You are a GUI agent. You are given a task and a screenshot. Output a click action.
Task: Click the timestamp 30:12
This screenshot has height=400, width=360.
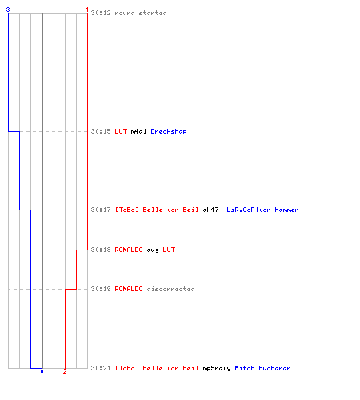click(x=101, y=13)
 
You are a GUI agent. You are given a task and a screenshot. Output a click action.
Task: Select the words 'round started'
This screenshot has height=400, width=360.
click(x=141, y=13)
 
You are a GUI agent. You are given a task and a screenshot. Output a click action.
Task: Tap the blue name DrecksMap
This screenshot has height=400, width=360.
click(x=169, y=131)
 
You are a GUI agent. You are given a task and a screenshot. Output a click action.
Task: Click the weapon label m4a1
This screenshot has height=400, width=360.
click(x=138, y=131)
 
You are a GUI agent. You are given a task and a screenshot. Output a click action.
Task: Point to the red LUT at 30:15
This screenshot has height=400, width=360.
click(x=121, y=131)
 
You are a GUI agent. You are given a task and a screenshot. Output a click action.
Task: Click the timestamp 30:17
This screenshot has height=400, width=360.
click(x=101, y=210)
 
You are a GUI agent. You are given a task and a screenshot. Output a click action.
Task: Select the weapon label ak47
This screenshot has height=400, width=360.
click(x=210, y=210)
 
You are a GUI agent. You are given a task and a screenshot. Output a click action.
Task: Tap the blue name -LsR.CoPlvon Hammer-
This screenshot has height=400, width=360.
click(x=262, y=210)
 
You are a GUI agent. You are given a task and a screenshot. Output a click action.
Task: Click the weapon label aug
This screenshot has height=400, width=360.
click(x=153, y=250)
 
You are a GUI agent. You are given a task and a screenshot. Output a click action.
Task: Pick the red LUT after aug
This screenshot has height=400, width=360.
click(x=169, y=250)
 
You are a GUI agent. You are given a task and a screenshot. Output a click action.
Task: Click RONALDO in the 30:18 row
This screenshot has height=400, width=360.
click(x=129, y=250)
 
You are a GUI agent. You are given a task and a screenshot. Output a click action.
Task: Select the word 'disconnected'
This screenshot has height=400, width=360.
click(x=171, y=289)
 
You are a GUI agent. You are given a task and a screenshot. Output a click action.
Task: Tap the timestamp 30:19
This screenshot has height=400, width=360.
click(x=101, y=289)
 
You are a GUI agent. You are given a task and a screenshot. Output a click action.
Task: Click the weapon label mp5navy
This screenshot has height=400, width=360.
click(x=217, y=369)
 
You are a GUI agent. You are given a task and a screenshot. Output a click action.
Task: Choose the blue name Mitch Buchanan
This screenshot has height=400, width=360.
click(x=262, y=368)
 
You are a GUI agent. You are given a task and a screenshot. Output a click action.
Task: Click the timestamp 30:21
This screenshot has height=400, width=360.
click(x=101, y=368)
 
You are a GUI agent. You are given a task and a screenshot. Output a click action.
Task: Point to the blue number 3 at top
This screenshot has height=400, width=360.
click(x=8, y=10)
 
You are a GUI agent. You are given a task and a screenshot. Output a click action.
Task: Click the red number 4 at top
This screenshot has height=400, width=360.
click(x=86, y=10)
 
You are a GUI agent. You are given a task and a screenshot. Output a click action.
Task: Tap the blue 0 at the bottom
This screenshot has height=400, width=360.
click(x=42, y=371)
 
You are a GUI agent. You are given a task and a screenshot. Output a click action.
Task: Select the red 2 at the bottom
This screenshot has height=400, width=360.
click(x=65, y=371)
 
